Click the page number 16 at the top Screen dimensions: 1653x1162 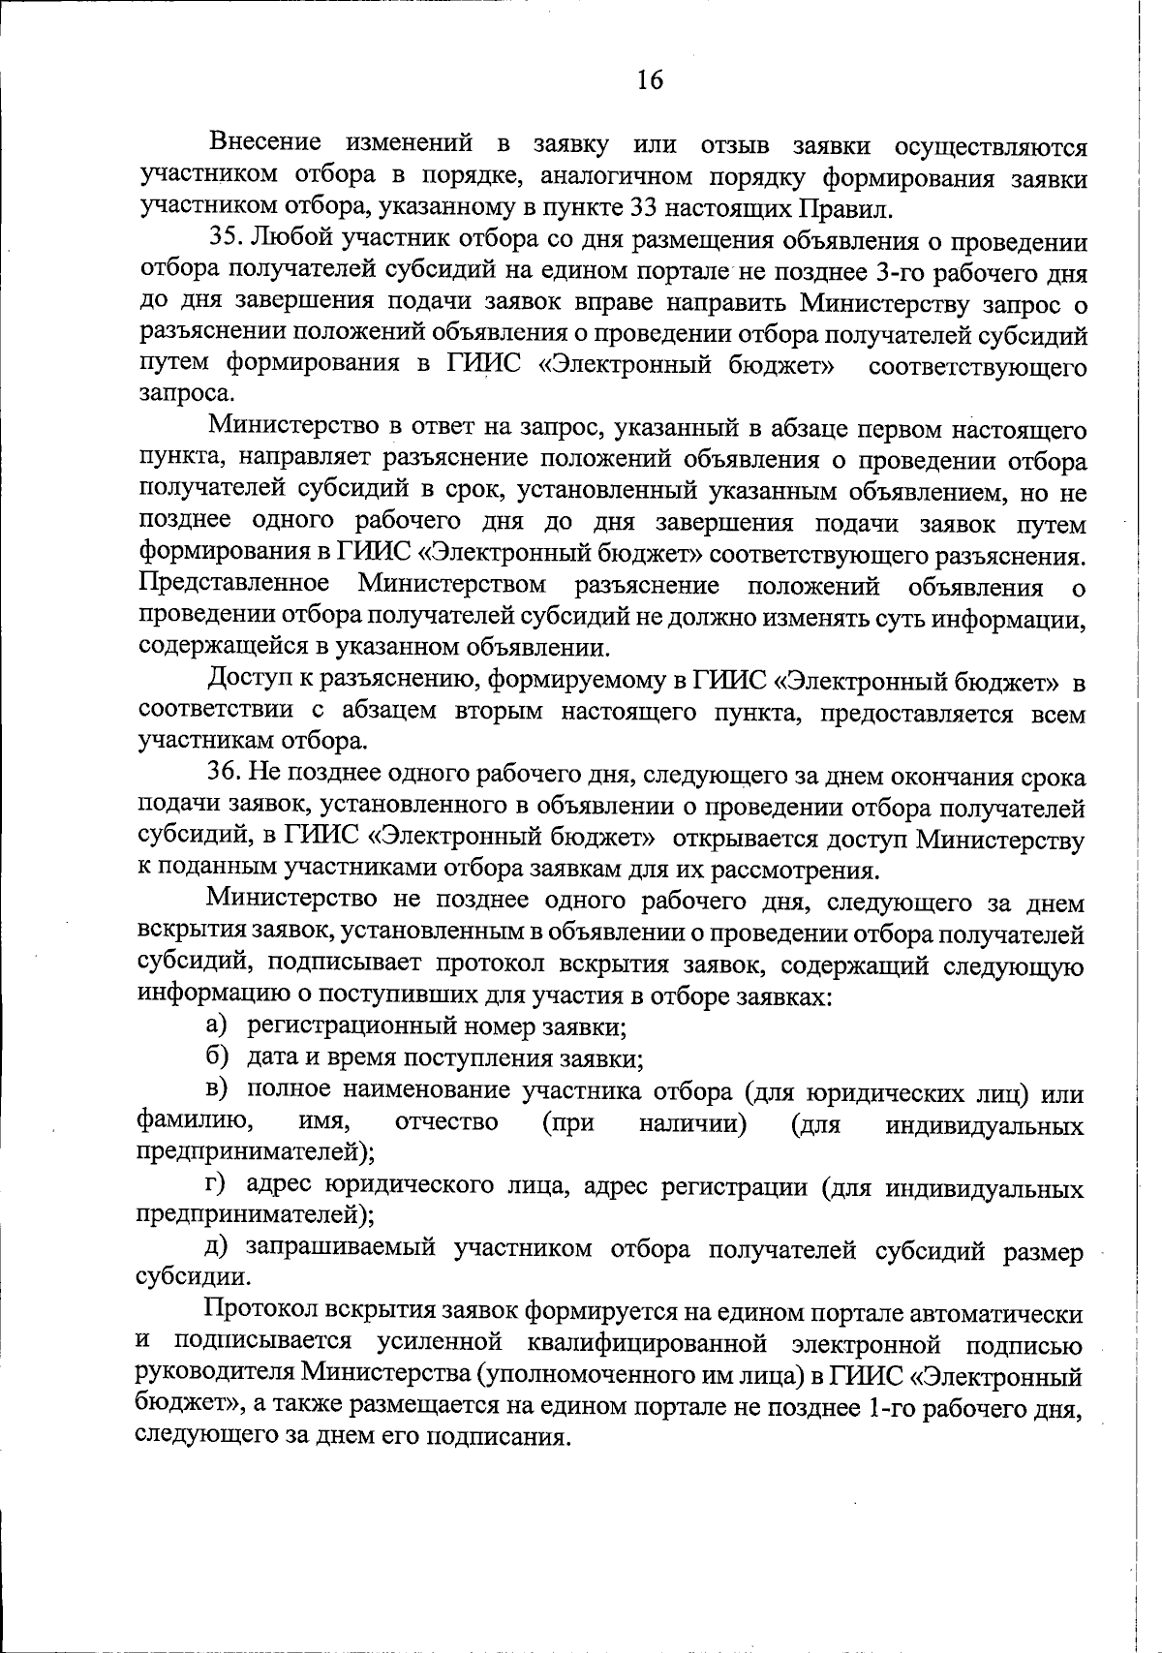pyautogui.click(x=650, y=80)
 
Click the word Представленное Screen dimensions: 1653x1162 pyautogui.click(x=233, y=585)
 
